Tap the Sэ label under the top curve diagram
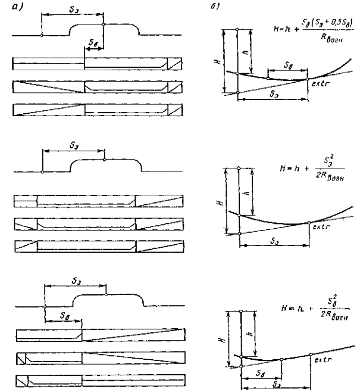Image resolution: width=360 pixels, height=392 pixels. point(272,93)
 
